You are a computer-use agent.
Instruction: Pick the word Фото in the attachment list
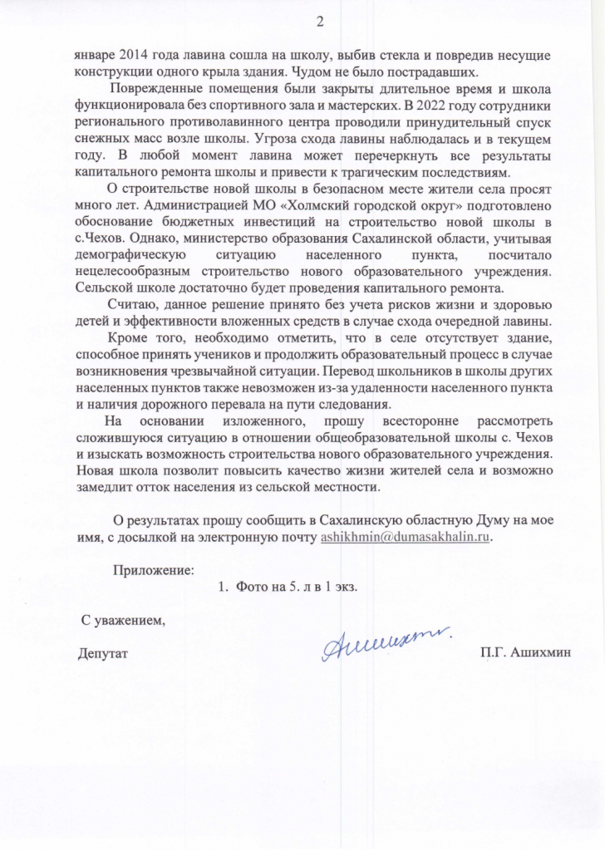[x=253, y=587]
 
